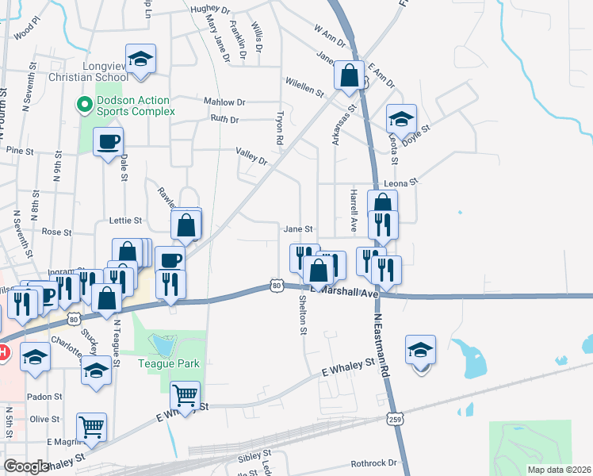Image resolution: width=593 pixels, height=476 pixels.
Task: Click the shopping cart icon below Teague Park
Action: click(185, 395)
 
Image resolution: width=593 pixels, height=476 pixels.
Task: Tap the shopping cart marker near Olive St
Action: click(92, 427)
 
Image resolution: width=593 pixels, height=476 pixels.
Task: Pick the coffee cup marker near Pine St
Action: click(109, 143)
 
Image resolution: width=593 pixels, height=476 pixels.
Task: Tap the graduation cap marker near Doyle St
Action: click(402, 120)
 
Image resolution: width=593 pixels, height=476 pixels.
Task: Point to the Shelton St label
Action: click(302, 315)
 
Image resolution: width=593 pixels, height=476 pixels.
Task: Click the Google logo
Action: click(28, 466)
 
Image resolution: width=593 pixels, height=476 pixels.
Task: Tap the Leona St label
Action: click(401, 182)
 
